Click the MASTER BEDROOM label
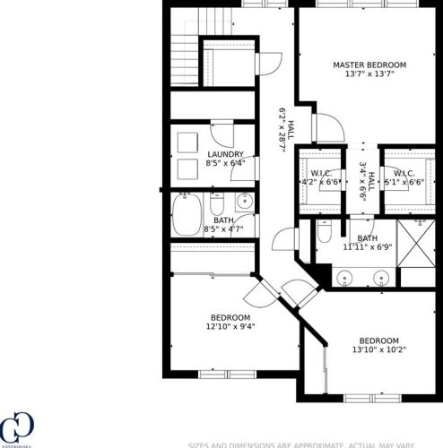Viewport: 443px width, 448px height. [x=369, y=65]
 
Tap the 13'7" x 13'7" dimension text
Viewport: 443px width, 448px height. [x=369, y=74]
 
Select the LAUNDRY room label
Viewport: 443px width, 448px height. [x=225, y=154]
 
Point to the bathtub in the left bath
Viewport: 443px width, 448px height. [x=189, y=216]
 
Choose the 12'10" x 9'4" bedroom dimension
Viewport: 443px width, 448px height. [x=230, y=327]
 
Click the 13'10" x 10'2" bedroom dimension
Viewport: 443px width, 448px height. [x=378, y=350]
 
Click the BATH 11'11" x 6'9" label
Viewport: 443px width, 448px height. [x=368, y=242]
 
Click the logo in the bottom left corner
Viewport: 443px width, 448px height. [x=16, y=428]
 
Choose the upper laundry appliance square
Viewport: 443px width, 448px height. [x=189, y=142]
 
